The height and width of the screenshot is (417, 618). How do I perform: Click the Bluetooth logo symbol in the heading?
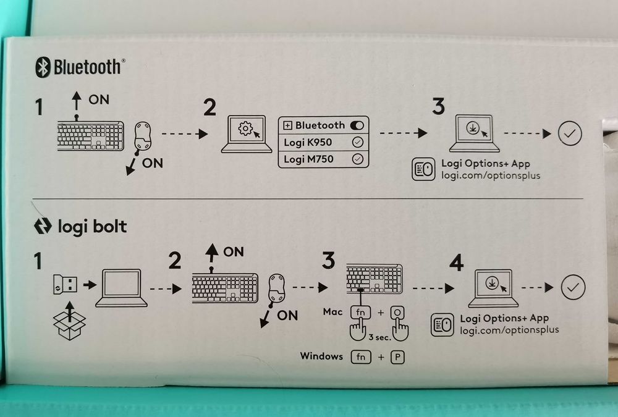[x=43, y=66]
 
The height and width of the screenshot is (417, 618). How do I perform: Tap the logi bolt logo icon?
[x=40, y=227]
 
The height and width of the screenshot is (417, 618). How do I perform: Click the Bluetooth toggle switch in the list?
[x=357, y=125]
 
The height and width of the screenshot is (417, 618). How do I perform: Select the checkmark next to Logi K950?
[x=357, y=142]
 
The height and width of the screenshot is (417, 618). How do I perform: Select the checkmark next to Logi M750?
[x=357, y=159]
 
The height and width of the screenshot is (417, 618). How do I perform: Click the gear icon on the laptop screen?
[x=245, y=130]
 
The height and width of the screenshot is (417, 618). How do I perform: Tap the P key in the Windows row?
[x=397, y=357]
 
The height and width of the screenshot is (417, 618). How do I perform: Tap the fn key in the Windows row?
[x=361, y=357]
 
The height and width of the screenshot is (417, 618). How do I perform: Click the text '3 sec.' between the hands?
[x=378, y=339]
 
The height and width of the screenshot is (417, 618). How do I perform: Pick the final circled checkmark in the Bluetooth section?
[x=569, y=133]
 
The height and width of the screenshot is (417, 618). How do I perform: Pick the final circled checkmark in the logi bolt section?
[x=572, y=287]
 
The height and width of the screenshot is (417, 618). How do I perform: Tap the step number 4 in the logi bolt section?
[x=456, y=264]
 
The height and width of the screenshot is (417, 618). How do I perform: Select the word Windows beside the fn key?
[x=321, y=356]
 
